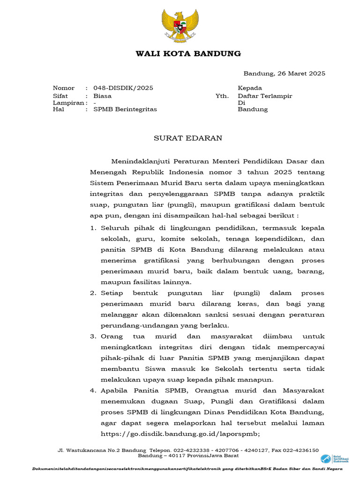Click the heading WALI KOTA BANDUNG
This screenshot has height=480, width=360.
[188, 53]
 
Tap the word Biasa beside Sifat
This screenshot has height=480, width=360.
[102, 96]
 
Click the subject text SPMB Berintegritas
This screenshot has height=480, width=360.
[125, 109]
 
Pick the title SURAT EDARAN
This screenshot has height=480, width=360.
[182, 138]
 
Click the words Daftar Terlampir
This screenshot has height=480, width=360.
[265, 96]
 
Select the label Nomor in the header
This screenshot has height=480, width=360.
[64, 88]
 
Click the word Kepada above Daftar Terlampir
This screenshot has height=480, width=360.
[250, 88]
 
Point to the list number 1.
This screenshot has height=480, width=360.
[92, 228]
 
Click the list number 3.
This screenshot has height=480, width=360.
[92, 337]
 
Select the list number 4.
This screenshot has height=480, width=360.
[92, 391]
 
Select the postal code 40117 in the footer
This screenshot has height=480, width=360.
[172, 456]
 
